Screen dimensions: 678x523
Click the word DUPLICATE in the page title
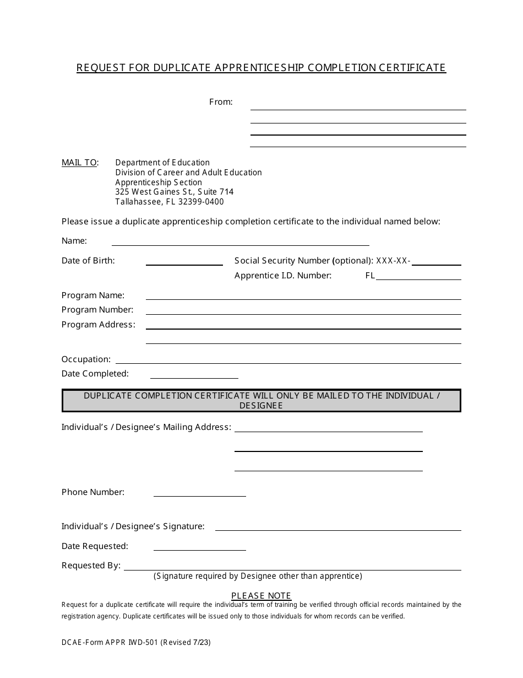181,68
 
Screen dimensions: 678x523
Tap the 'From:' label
221,102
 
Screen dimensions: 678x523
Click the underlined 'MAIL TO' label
79,163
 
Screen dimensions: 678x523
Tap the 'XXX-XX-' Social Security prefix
393,261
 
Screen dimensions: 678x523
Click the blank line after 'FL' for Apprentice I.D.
418,277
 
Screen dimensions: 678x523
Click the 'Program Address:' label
98,325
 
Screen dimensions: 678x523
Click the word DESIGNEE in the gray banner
261,406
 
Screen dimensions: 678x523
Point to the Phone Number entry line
199,494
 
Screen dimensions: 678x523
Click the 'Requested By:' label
91,566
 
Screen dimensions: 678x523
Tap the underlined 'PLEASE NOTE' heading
261,596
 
